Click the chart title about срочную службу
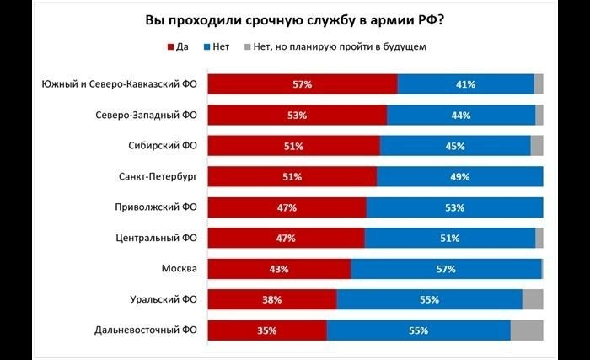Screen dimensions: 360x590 (x=295, y=19)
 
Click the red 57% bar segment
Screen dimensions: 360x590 (x=303, y=84)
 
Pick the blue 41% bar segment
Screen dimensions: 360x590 (x=465, y=84)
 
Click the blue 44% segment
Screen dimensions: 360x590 (x=461, y=116)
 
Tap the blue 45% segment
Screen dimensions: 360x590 (x=455, y=146)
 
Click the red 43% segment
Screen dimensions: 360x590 (x=279, y=269)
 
